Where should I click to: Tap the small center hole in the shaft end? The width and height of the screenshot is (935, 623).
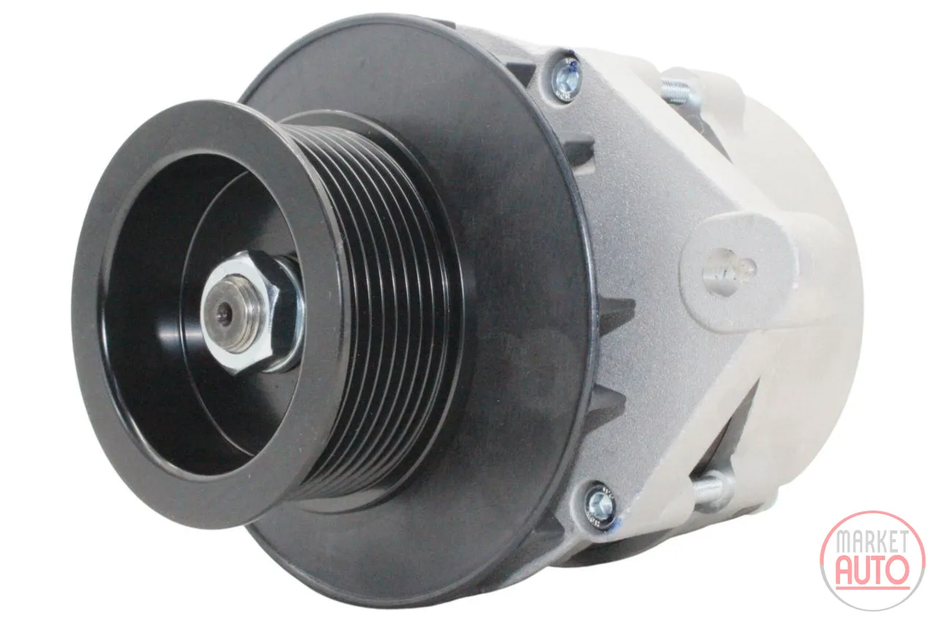(x=226, y=309)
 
